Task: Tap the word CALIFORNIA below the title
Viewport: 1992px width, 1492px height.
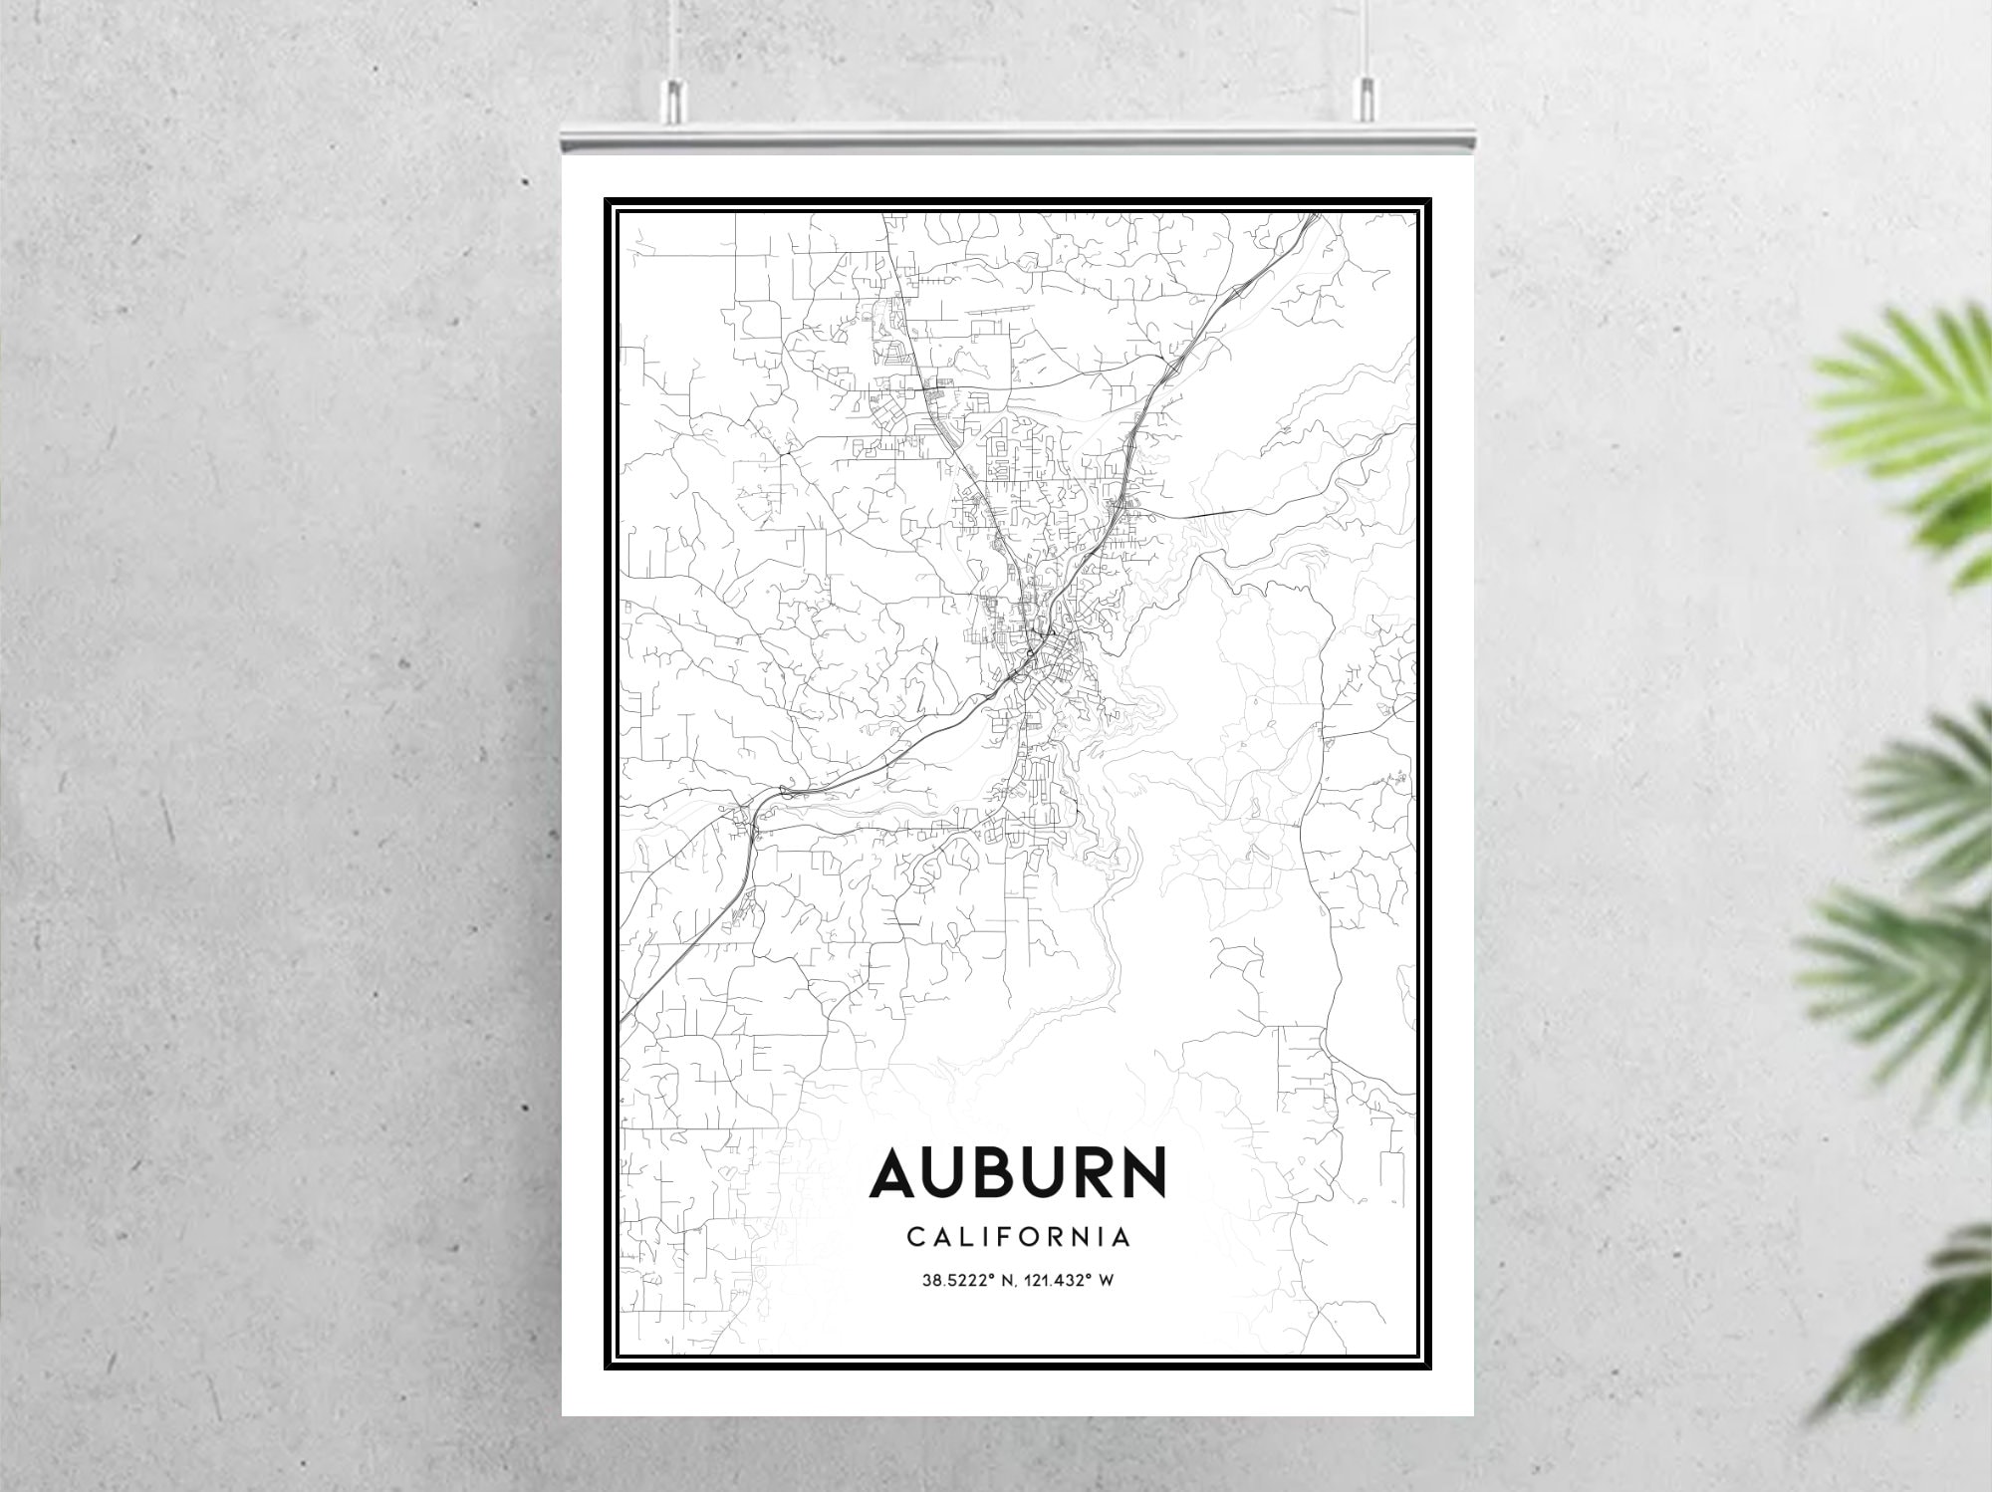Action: coord(1018,1237)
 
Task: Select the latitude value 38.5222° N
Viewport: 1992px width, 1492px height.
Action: coord(961,1280)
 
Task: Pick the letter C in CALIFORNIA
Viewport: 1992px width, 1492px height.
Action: coord(914,1237)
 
